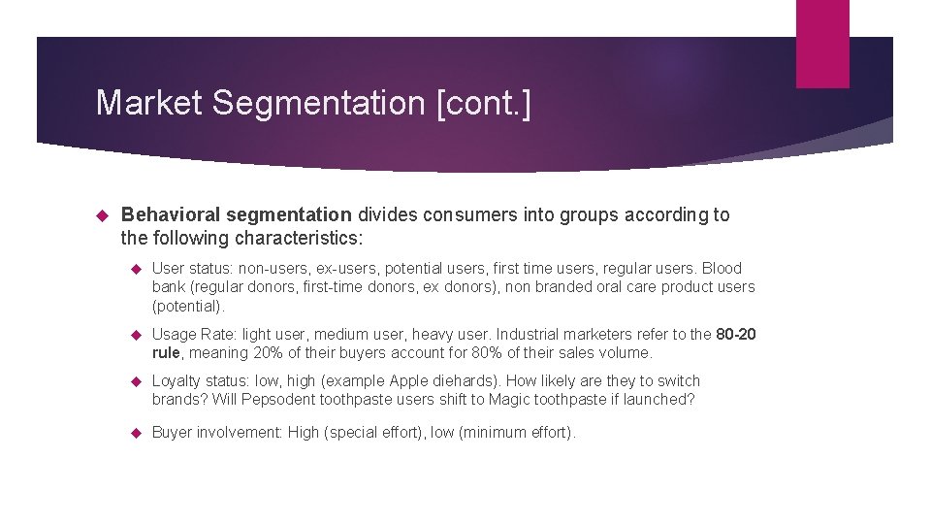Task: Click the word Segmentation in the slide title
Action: tap(321, 103)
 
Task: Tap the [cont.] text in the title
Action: tap(484, 103)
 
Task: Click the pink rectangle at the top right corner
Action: tap(822, 44)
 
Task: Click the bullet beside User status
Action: tap(136, 269)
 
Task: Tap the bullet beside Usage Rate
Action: tap(136, 335)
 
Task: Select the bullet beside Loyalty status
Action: tap(136, 381)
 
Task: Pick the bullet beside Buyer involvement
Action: tap(136, 433)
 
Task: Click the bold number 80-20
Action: tap(735, 335)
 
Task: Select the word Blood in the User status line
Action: tap(722, 268)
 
